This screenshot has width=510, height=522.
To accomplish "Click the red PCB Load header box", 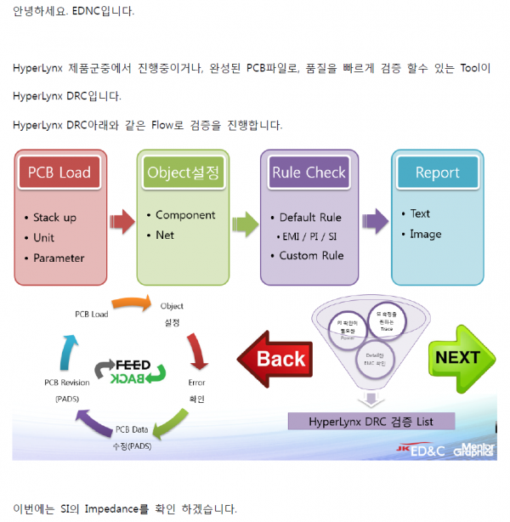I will (x=59, y=173).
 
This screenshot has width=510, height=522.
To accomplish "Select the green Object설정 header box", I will (x=184, y=173).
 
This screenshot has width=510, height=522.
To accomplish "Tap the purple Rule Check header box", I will (x=309, y=173).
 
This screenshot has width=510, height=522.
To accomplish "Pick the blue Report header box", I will (x=437, y=173).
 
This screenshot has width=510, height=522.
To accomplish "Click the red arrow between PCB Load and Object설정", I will (x=122, y=223).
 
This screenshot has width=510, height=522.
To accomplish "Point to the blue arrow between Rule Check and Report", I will (x=375, y=223).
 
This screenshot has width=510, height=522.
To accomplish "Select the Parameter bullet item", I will (x=59, y=258).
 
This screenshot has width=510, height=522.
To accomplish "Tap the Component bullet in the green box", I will (x=185, y=215).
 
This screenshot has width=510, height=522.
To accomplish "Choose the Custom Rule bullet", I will (x=311, y=255).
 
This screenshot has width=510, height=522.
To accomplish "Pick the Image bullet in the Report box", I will (x=425, y=234).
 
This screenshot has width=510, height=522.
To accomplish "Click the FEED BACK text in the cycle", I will (x=126, y=371).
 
